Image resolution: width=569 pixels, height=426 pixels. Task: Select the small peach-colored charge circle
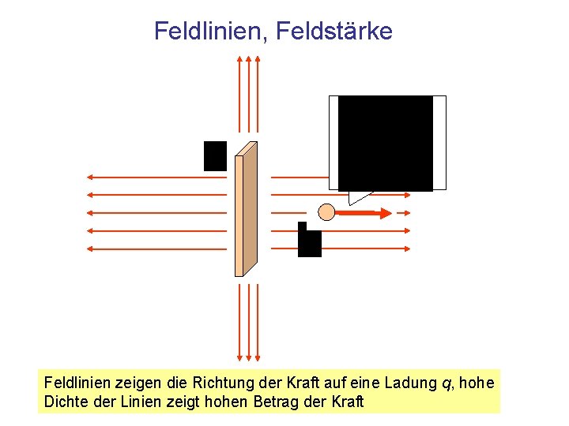coord(326,211)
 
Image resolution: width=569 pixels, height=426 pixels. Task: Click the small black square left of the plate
coord(215,155)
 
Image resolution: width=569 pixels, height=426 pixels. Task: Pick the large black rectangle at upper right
coord(386,143)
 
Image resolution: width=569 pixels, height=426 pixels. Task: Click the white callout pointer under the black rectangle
coord(360,196)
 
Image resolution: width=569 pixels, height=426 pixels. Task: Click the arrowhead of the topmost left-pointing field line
coord(92,177)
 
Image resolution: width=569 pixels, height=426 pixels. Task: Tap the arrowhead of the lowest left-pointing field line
coord(92,248)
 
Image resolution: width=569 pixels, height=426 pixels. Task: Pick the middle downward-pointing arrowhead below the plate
coord(248,355)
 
